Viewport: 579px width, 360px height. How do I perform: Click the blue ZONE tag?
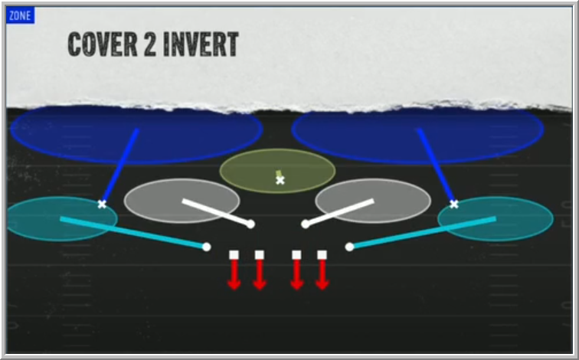coord(21,15)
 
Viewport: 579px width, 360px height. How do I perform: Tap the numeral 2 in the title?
coord(150,44)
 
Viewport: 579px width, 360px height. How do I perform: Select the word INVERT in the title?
coord(201,44)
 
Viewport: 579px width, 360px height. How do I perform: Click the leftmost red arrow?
coord(234,275)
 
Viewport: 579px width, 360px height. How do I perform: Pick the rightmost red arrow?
coord(322,275)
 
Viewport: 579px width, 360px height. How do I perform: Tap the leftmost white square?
coord(234,255)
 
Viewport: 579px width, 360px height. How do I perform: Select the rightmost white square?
coord(322,255)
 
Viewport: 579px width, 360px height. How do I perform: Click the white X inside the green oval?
coord(280,180)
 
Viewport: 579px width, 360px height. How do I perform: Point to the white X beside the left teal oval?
coord(102,205)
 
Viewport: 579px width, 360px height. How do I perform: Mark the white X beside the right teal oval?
coord(454,205)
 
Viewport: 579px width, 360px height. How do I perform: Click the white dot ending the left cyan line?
coord(207,247)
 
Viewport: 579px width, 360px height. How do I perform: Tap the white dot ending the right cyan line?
coord(349,247)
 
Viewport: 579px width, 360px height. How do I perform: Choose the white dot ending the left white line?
coord(250,224)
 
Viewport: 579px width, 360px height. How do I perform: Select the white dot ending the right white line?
coord(305,224)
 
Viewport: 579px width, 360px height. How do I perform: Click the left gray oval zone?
coord(182,201)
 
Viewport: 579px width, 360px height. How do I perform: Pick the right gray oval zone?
coord(373,201)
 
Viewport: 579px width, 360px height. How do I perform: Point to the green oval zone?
coord(278,171)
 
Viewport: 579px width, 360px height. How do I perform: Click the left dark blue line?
coord(119,165)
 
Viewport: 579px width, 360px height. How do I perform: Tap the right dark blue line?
coord(436,165)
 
